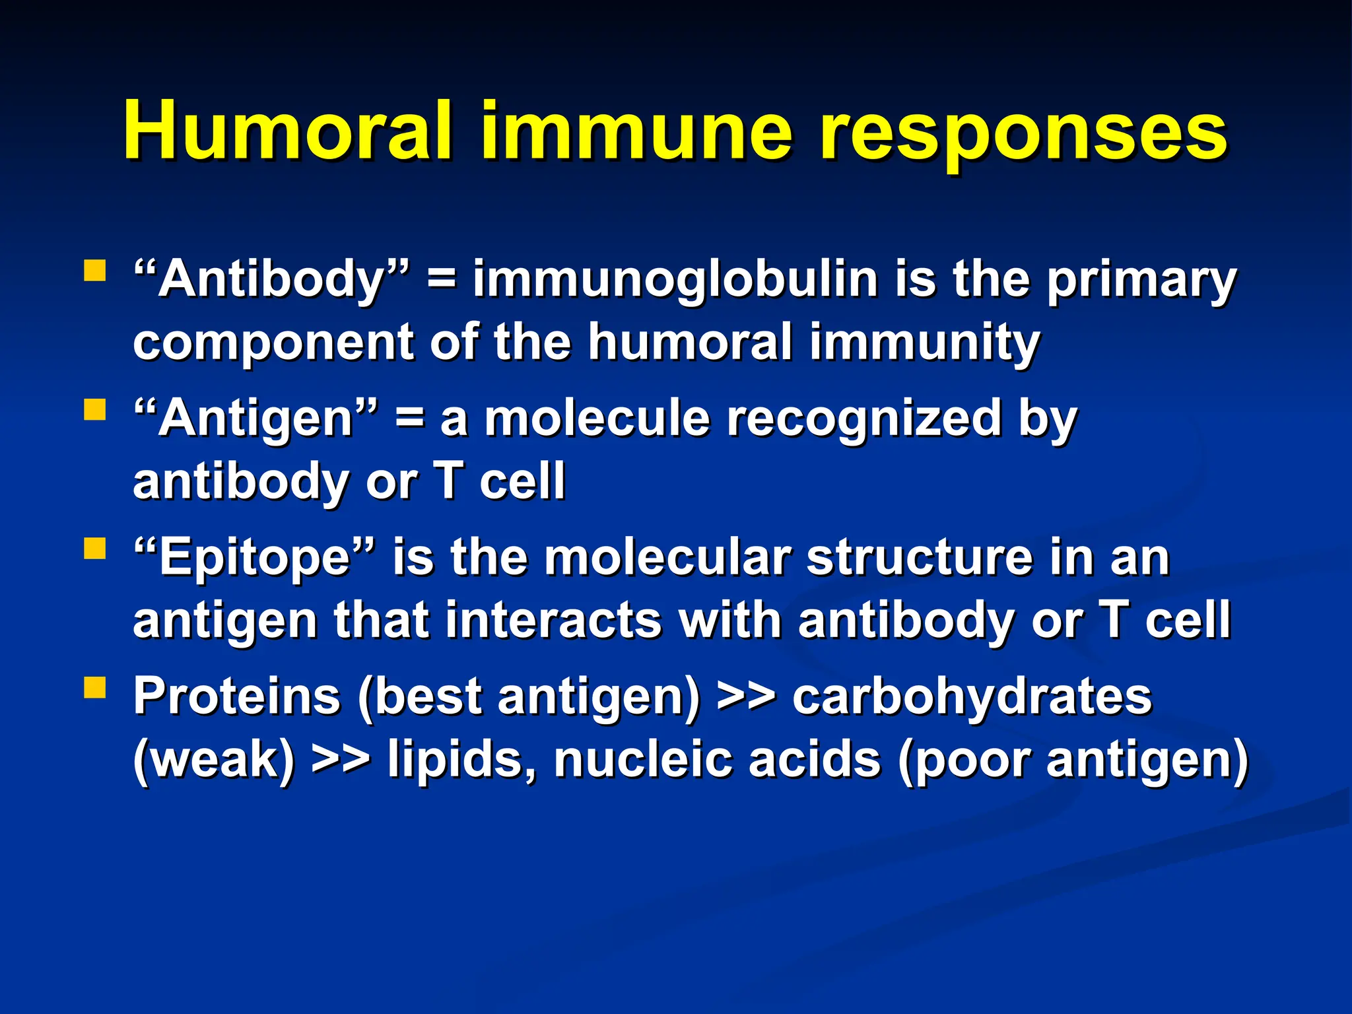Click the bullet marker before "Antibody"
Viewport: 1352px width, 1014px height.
coord(95,271)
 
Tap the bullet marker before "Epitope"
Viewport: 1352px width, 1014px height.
coord(95,549)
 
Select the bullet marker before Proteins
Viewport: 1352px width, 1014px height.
coord(95,688)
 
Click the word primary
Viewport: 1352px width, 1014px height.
coord(1141,280)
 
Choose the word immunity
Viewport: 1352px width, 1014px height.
coord(924,343)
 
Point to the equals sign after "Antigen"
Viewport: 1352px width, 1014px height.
coord(409,419)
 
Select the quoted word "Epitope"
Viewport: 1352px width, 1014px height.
coord(254,558)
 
